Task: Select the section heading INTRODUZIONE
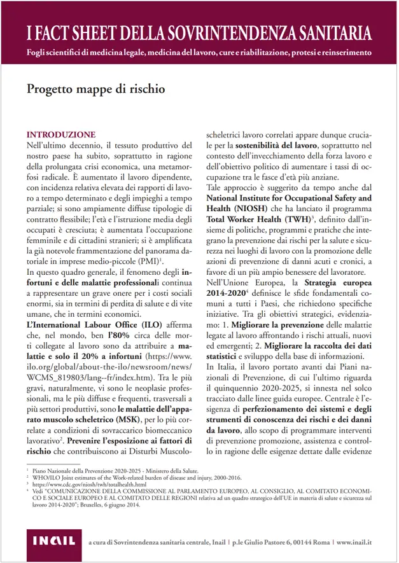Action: tap(60, 135)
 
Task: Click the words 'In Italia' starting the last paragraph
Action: tap(219, 368)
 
